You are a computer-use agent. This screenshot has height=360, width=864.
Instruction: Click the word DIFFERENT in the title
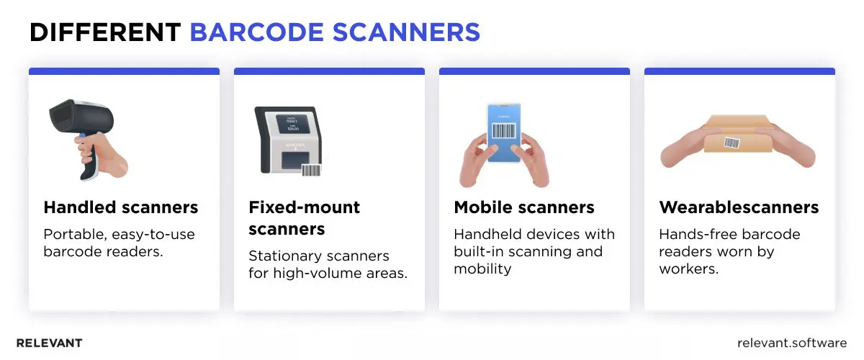[x=104, y=32]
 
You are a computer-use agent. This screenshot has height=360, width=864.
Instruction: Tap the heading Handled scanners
[x=120, y=208]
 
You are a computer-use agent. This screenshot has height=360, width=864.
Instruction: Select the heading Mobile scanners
[x=523, y=208]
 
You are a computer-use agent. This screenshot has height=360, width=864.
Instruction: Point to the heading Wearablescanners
[x=739, y=208]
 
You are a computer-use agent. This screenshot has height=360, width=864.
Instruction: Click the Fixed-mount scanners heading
[x=304, y=218]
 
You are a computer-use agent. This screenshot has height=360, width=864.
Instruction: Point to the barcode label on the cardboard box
[x=732, y=142]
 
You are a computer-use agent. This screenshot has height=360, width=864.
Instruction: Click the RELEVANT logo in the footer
[x=49, y=343]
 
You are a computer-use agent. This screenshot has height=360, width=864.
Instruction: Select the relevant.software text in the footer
[x=792, y=343]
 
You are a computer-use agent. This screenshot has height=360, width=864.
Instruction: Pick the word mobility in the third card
[x=482, y=269]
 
